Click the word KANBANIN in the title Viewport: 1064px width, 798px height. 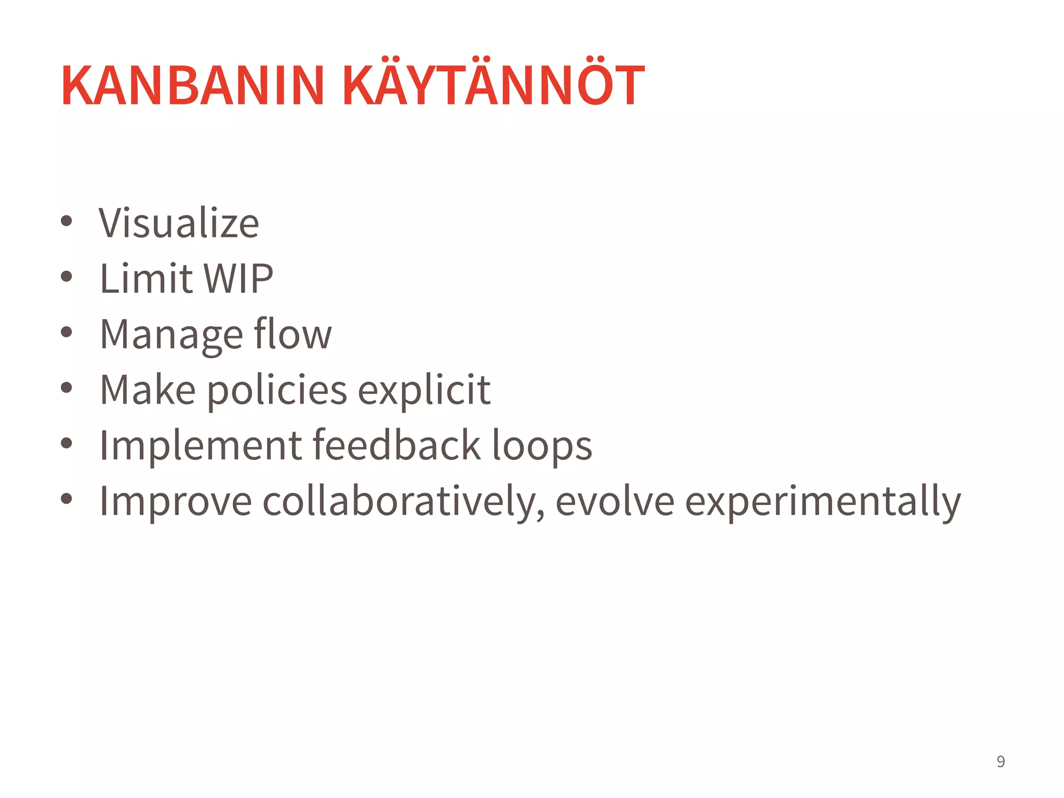point(193,85)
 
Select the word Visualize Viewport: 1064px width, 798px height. point(179,223)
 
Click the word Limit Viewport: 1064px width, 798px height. point(146,278)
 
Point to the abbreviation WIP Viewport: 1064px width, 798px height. point(238,278)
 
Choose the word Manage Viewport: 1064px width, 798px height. point(171,335)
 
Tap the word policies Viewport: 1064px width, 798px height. point(277,391)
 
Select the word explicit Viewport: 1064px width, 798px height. point(424,391)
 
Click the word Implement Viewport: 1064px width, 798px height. point(201,445)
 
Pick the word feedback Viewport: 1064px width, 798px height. point(397,445)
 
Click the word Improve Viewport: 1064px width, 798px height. point(176,502)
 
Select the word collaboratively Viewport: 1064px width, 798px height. point(404,502)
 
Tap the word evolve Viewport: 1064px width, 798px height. point(615,501)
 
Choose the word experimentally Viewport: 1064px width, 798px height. point(823,502)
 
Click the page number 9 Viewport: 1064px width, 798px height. point(1001,762)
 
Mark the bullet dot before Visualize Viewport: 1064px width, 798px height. point(66,221)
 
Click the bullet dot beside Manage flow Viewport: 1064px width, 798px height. point(66,332)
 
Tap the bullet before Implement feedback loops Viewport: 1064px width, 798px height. point(66,443)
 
